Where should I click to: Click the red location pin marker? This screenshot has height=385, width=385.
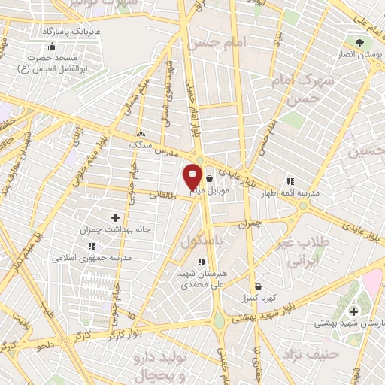[x=192, y=176]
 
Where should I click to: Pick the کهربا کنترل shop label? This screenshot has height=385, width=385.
[x=259, y=298]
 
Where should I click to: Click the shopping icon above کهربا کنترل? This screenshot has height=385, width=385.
[x=259, y=286]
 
